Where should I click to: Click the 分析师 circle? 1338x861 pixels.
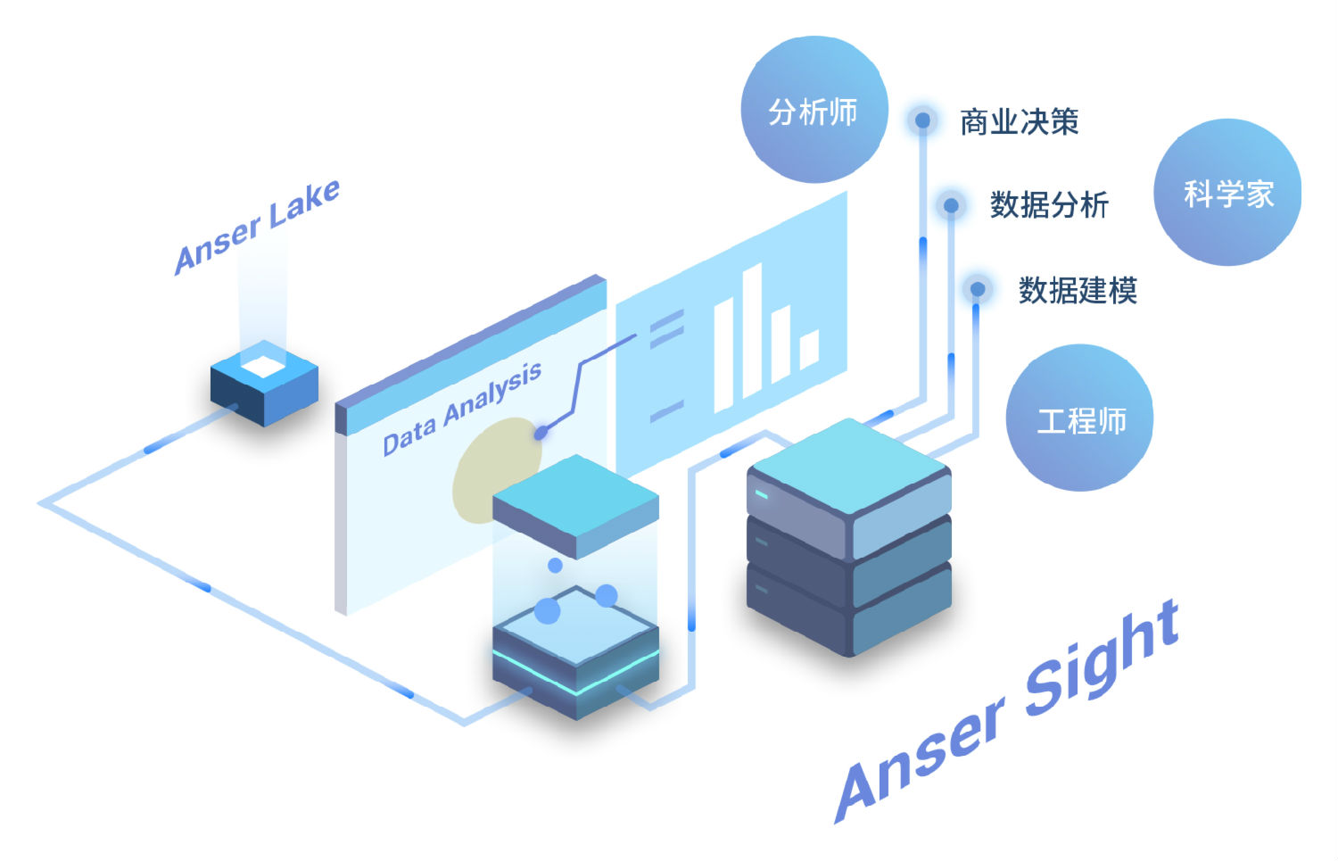point(814,110)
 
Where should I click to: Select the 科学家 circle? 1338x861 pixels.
point(1227,193)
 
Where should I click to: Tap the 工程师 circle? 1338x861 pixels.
point(1079,418)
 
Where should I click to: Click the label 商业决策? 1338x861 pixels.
point(1019,121)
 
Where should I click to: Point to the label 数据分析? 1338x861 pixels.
point(1049,205)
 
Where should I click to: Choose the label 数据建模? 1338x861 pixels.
point(1078,290)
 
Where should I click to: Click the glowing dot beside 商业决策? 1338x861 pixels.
point(923,120)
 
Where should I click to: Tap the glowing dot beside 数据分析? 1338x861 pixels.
point(951,205)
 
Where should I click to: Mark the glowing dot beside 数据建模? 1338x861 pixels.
point(978,289)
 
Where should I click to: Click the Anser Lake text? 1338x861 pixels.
point(257,227)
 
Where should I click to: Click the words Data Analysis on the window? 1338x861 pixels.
point(462,409)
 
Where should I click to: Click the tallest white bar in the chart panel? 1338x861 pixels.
point(751,332)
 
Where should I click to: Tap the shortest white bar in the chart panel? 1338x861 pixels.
point(809,349)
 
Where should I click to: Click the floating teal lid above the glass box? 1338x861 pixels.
point(575,504)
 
